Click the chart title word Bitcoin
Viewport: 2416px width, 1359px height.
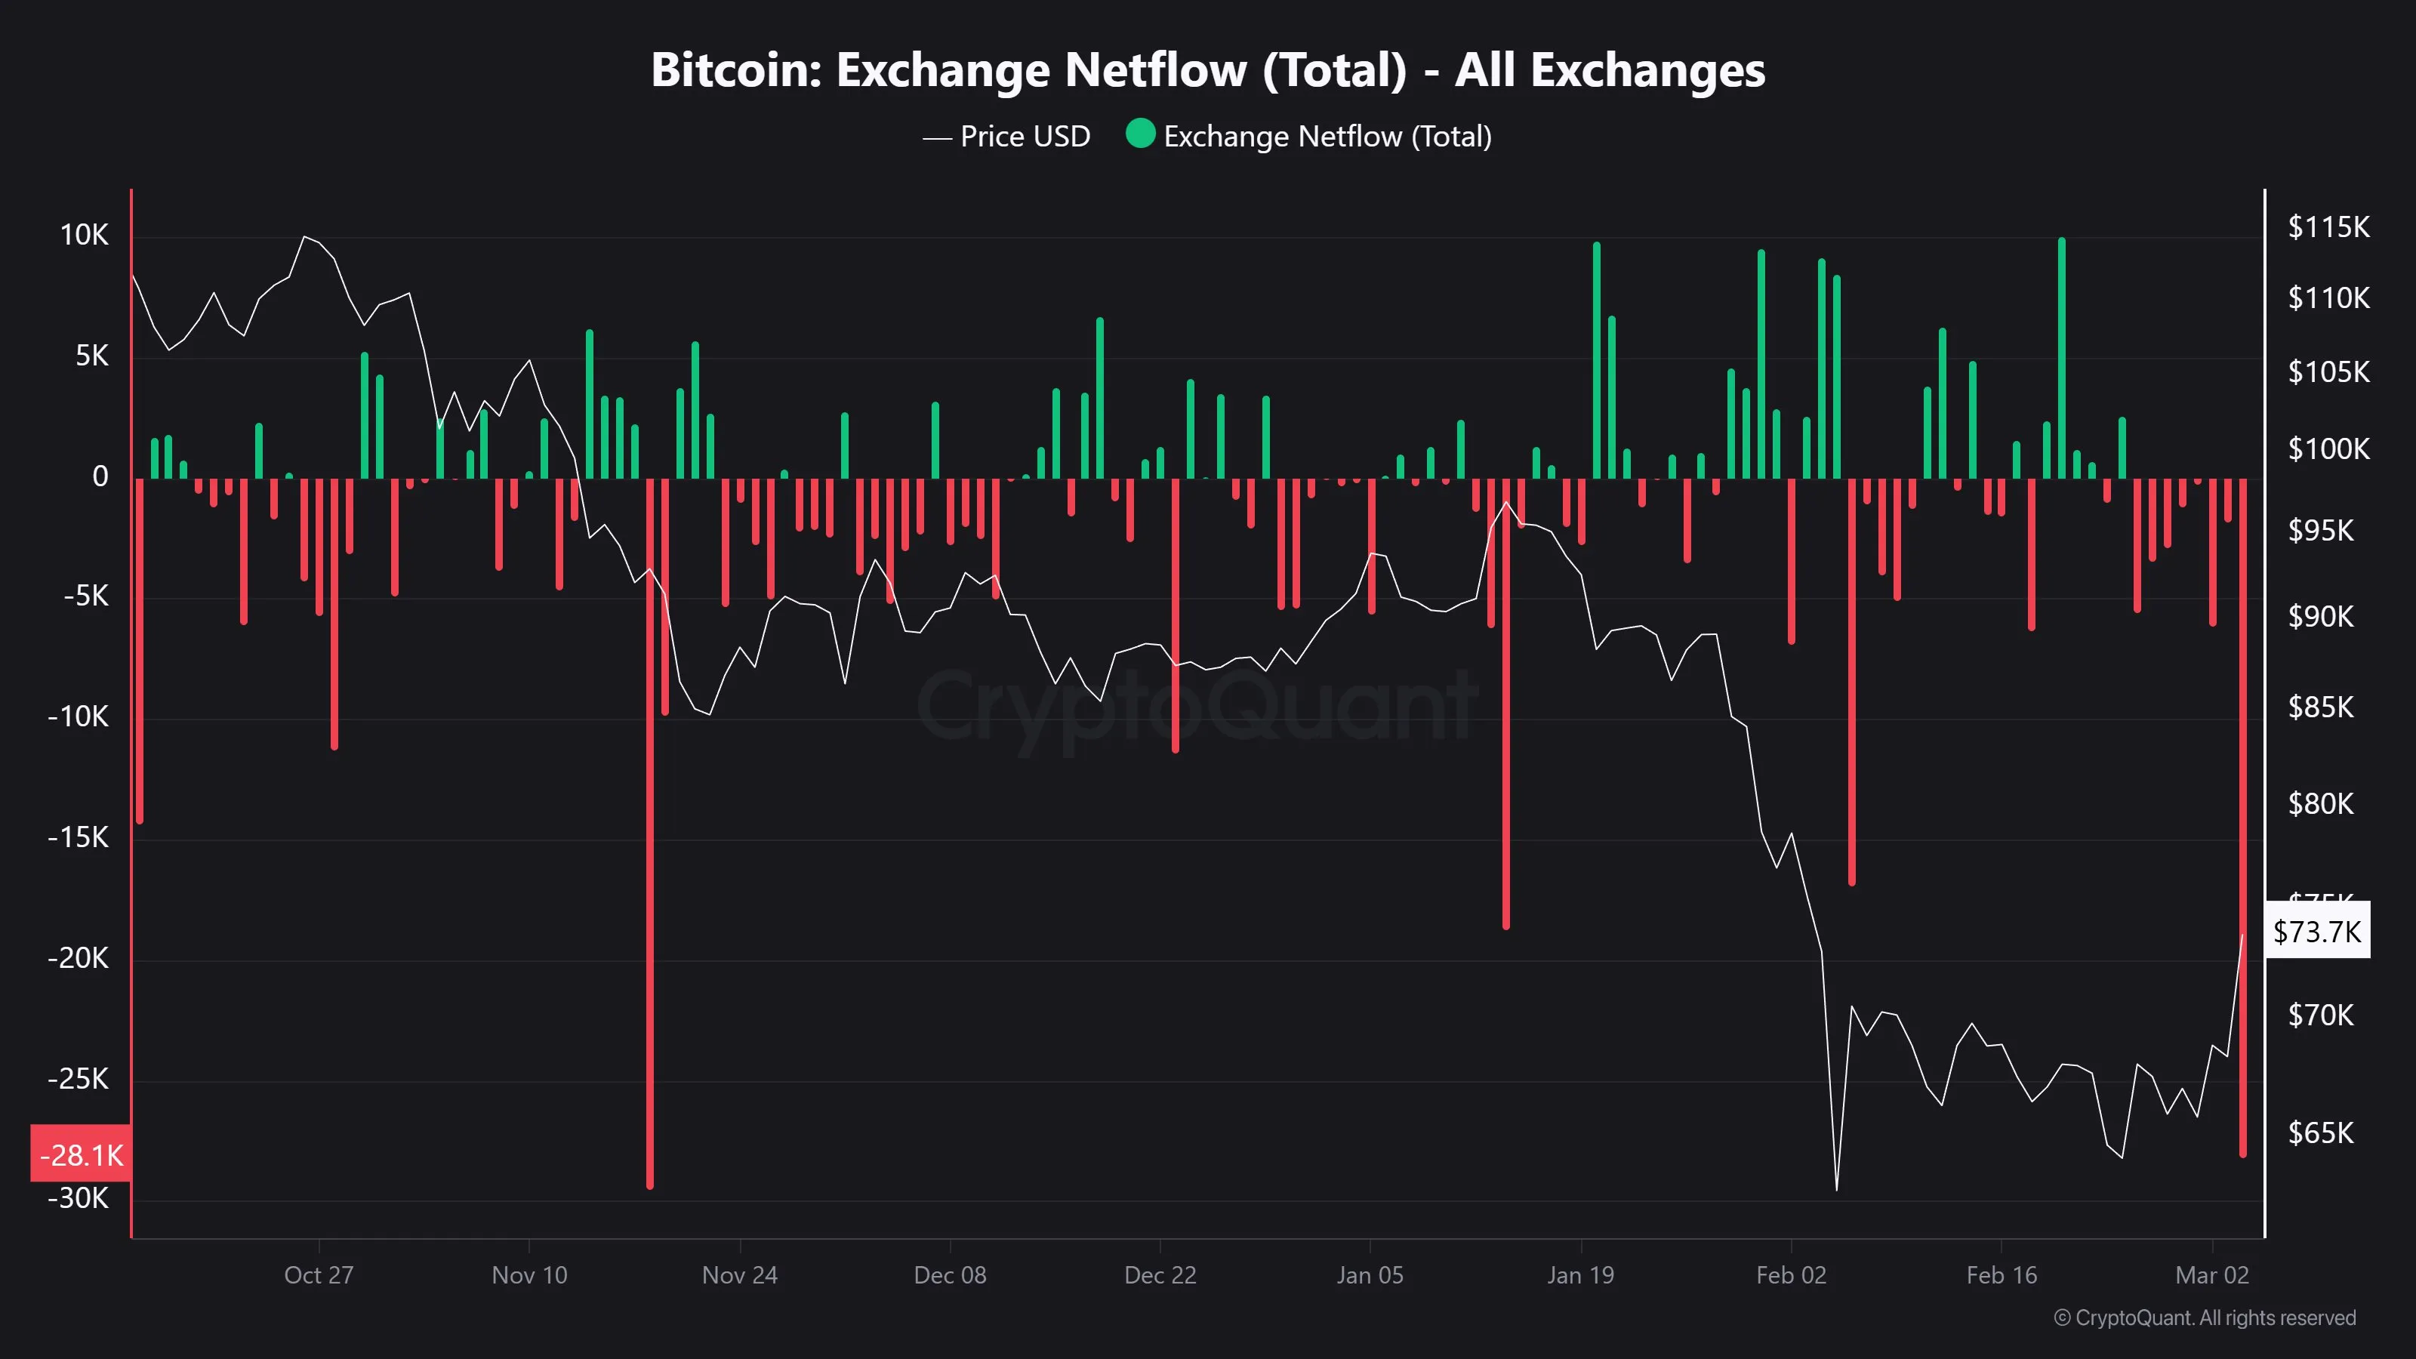coord(735,70)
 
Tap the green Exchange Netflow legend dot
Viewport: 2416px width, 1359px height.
coord(1139,134)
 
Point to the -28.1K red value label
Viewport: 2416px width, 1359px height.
coord(81,1154)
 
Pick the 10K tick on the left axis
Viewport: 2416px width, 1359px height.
coord(85,236)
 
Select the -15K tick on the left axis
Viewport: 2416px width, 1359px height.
coord(79,837)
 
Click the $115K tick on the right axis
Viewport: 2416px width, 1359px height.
coord(2328,227)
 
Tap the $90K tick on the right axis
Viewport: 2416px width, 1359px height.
coord(2320,616)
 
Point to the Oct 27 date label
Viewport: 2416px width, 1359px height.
coord(319,1274)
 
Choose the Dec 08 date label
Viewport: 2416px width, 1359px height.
coord(950,1274)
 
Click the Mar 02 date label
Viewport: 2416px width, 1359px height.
coord(2211,1274)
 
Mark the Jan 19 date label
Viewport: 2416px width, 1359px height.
coord(1580,1274)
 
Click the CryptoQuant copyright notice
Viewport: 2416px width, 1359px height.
coord(2204,1317)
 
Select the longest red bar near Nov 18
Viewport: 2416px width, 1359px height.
coord(650,835)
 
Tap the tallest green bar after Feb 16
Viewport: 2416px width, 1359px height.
coord(2061,356)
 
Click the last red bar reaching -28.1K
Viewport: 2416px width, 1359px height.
coord(2242,816)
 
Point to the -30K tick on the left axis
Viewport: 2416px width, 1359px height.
coord(79,1199)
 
